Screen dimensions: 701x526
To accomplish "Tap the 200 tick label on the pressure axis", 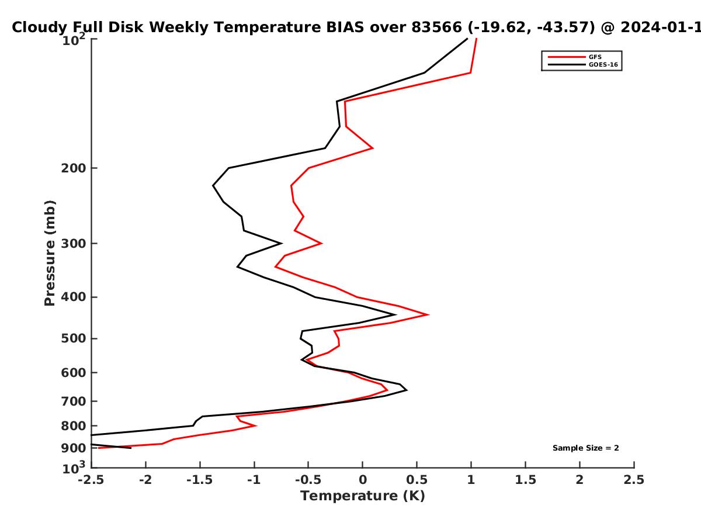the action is tap(74, 168).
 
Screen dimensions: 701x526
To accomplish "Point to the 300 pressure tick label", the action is tap(74, 244).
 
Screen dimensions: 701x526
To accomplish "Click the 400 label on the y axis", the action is tap(74, 297).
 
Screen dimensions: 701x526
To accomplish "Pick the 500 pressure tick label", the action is tap(74, 338).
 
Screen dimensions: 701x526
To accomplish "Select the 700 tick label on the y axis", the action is tap(74, 401).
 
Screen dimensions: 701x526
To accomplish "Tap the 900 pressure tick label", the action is tap(74, 448).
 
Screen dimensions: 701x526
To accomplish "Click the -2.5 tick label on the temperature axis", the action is tap(91, 480).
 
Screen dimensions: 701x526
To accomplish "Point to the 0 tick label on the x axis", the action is tap(363, 480).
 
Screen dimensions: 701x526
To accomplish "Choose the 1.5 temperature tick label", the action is tap(525, 480).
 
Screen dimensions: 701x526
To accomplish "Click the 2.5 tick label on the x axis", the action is tap(634, 480).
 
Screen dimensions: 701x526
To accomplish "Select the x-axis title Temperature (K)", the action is tap(363, 496).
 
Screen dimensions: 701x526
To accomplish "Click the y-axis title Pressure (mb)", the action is tap(50, 253).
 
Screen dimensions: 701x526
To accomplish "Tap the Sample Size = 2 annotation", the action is tap(586, 448).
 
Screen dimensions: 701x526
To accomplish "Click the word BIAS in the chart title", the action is tap(345, 27).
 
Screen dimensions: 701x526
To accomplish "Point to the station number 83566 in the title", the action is tap(436, 27).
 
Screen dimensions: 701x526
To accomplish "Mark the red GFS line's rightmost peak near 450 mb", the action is tap(428, 314).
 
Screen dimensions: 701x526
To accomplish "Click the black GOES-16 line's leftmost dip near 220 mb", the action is tap(213, 185).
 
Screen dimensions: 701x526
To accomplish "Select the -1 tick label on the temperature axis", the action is tap(254, 480).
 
